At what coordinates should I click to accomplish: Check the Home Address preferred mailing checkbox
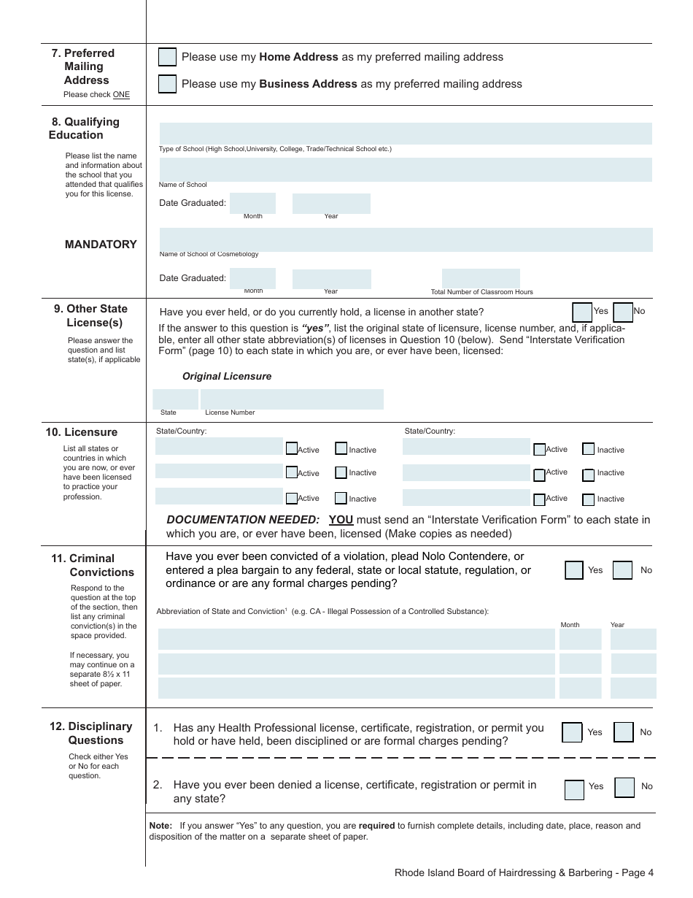pos(167,57)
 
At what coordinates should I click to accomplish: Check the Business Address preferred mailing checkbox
pos(167,84)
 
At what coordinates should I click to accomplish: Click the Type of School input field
pos(406,134)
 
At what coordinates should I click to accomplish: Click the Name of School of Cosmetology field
pos(406,239)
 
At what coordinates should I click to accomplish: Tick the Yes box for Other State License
pos(582,312)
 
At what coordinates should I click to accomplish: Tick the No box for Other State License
pos(623,312)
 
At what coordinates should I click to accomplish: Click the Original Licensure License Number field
pos(292,399)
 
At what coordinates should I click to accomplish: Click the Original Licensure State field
pos(175,399)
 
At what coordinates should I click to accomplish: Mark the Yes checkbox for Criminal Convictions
pos(574,570)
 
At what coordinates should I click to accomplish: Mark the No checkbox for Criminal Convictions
pos(622,570)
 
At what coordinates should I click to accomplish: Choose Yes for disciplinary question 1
pos(572,732)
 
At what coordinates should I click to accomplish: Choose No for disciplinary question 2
pos(624,788)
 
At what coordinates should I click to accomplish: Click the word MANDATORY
pos(101,245)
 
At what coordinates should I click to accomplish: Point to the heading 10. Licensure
pos(81,432)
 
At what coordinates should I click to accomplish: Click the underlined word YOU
pos(341,520)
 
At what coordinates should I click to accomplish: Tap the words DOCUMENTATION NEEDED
pos(243,520)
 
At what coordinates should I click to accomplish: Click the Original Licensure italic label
pos(227,377)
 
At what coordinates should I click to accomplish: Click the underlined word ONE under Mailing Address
pos(121,95)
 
